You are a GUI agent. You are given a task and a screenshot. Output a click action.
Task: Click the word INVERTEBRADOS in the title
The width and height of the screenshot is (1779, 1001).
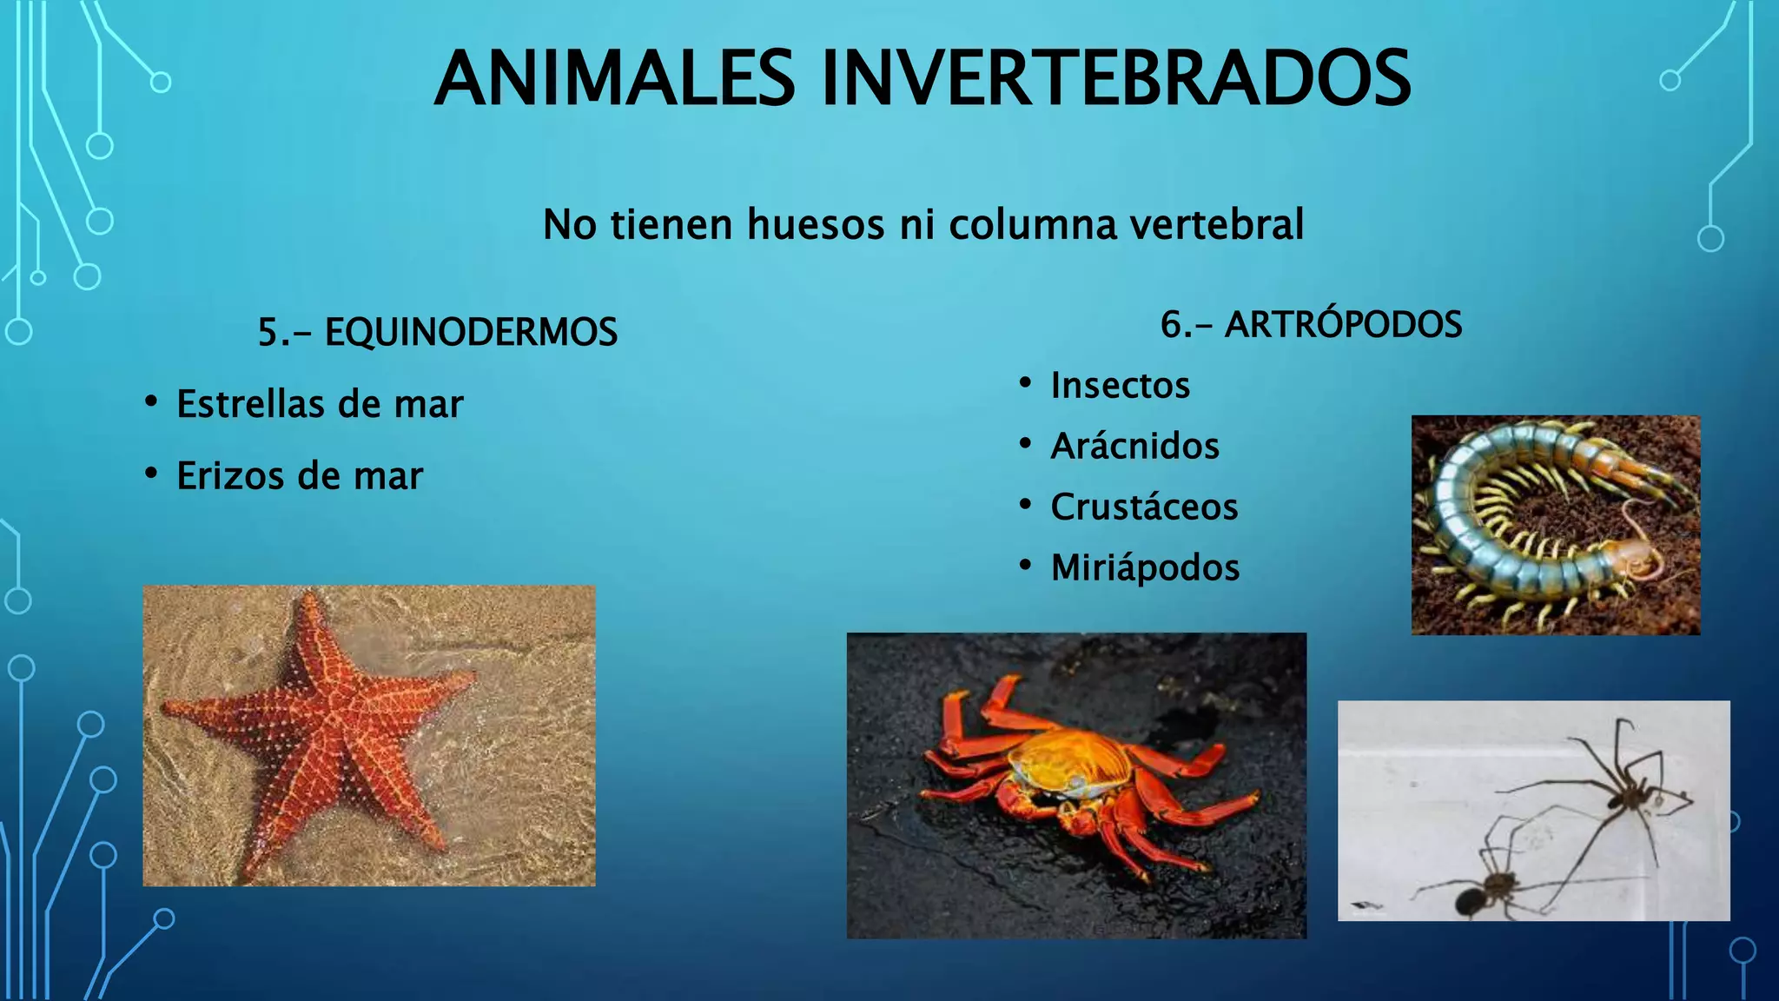pyautogui.click(x=1115, y=78)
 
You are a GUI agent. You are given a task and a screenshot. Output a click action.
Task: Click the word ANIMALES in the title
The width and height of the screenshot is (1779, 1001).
pyautogui.click(x=614, y=78)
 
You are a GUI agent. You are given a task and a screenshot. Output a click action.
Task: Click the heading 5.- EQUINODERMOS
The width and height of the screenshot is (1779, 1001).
pyautogui.click(x=437, y=332)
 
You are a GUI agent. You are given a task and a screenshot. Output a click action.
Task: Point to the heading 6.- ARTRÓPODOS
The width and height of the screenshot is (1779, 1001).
pyautogui.click(x=1311, y=325)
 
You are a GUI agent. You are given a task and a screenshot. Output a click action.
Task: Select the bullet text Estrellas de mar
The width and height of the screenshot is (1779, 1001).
pyautogui.click(x=320, y=404)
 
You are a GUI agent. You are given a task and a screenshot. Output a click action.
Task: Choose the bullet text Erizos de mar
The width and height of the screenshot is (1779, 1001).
pyautogui.click(x=300, y=476)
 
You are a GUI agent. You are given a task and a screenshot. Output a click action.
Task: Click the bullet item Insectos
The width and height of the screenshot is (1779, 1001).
pyautogui.click(x=1120, y=386)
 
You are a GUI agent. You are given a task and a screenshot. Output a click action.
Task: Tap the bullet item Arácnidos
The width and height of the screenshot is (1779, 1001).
pyautogui.click(x=1134, y=447)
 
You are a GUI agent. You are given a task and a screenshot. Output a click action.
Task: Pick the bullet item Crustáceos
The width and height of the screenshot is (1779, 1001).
pyautogui.click(x=1144, y=507)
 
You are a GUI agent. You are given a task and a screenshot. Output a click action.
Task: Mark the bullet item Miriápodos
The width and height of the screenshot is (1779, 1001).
pyautogui.click(x=1145, y=568)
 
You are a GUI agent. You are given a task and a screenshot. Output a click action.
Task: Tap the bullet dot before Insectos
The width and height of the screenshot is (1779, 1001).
pyautogui.click(x=1026, y=382)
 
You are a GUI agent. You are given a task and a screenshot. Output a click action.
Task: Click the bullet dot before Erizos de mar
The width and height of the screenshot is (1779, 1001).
pyautogui.click(x=151, y=474)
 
